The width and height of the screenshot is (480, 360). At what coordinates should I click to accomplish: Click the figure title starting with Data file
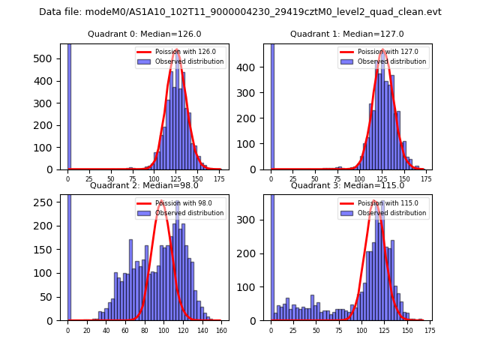[x=240, y=12]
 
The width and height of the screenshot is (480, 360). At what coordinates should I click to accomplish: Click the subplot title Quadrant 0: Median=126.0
[x=145, y=34]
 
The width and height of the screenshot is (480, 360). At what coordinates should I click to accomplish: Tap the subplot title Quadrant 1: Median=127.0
[x=347, y=34]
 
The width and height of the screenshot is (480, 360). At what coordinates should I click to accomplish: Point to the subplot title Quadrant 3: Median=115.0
[x=347, y=185]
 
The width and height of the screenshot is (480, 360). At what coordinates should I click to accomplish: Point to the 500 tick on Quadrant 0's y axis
[x=52, y=58]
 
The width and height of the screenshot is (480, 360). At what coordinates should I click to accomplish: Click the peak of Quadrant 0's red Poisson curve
[x=176, y=49]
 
